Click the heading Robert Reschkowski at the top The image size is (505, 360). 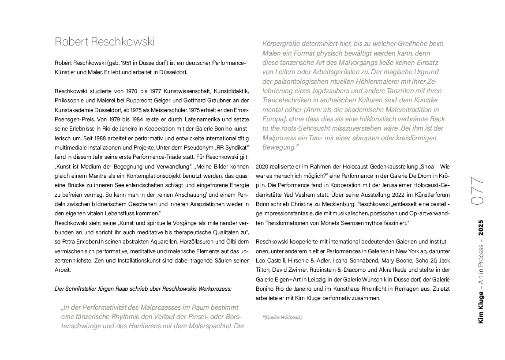click(105, 42)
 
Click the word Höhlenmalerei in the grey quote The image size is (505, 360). click(374, 82)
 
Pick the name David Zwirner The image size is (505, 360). click(286, 270)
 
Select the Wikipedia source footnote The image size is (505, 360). click(283, 317)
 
